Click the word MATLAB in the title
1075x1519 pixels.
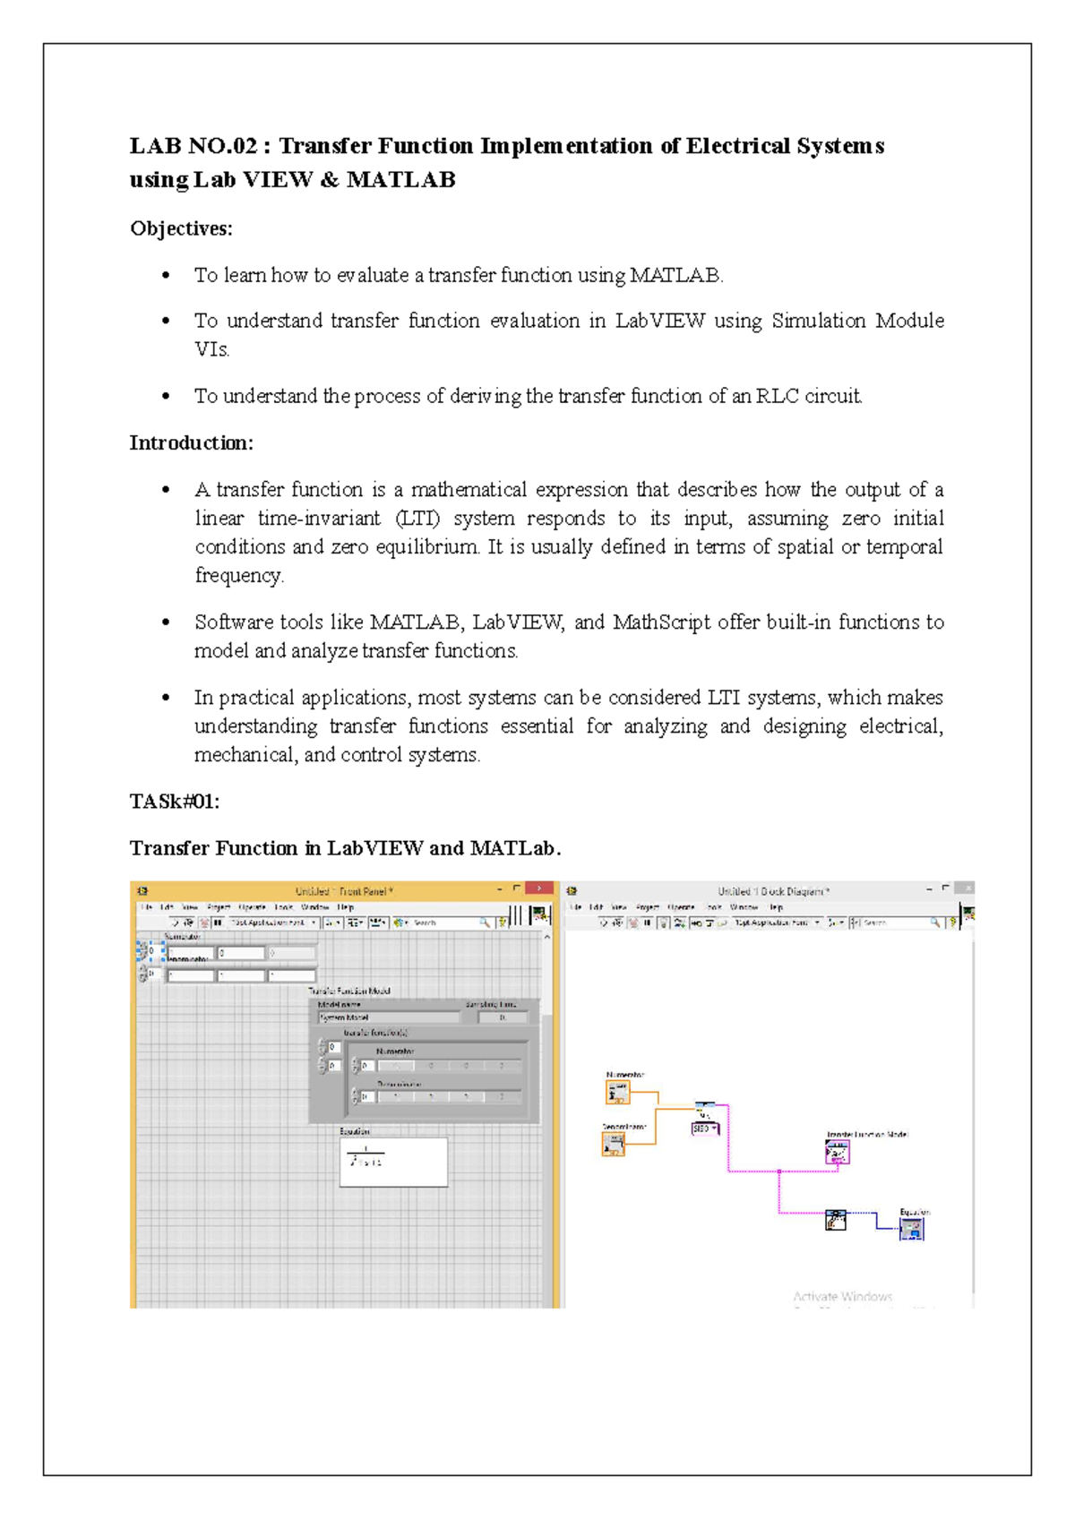[x=400, y=180]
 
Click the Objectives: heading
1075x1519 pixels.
[x=181, y=228]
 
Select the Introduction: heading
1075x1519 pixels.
[x=191, y=442]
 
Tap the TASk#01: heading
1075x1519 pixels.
[x=175, y=802]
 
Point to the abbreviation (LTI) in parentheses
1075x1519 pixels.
[x=417, y=519]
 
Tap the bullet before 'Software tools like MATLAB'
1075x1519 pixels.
[x=166, y=622]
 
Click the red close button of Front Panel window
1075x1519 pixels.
[x=539, y=888]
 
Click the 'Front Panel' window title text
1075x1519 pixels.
[x=344, y=891]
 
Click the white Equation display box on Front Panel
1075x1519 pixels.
[x=393, y=1162]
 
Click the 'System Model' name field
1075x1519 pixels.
[x=388, y=1017]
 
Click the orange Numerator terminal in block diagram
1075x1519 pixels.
[x=618, y=1092]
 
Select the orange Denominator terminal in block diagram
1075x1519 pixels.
[x=614, y=1143]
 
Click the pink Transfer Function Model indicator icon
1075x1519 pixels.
[x=837, y=1152]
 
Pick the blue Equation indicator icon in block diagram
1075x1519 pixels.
[x=911, y=1228]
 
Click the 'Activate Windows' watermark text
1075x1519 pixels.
[x=842, y=1296]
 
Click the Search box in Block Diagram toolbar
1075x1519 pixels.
[x=896, y=922]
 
